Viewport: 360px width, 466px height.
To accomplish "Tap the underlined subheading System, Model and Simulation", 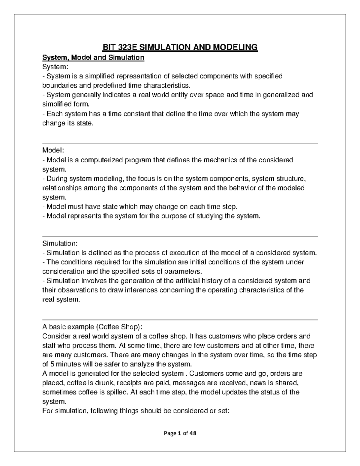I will coord(93,57).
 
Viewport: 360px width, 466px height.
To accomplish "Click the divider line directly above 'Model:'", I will coord(180,143).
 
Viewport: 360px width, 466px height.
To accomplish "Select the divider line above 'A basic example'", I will coord(180,320).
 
